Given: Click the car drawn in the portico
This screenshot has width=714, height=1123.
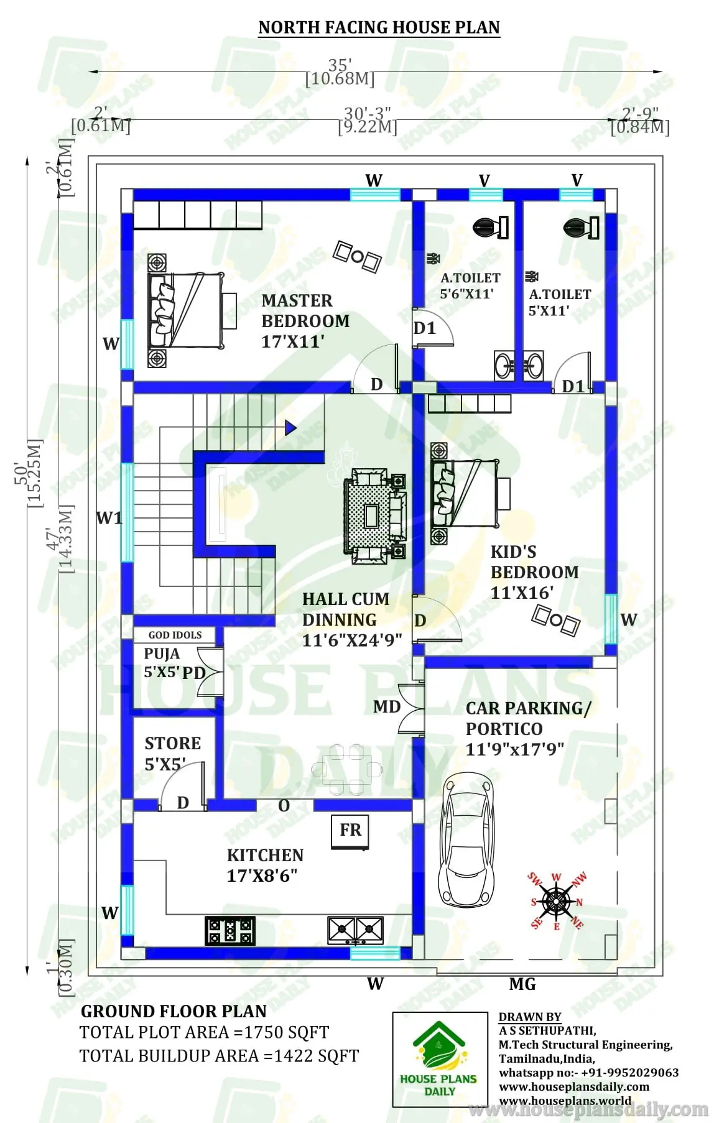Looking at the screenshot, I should pos(467,840).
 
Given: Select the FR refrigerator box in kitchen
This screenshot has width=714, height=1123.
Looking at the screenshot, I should pos(350,831).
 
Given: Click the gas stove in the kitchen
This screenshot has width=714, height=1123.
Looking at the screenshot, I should pos(229,930).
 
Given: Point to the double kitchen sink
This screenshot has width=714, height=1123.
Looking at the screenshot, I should pos(355,930).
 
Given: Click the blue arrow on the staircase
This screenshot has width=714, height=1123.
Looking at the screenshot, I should pos(290,428).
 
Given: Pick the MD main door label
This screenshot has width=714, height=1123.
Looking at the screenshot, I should pos(386,707).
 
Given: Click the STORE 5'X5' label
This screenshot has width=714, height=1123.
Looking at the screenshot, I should pos(172,753).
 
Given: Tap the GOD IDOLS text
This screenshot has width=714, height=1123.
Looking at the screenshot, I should pos(175,635).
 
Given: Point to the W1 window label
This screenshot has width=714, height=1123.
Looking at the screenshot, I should pos(109,518).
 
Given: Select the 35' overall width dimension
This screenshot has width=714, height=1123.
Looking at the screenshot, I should pos(340,65).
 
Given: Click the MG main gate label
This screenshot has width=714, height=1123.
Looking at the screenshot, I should pos(522,984).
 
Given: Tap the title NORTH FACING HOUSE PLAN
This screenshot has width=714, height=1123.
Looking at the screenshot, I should pos(379,27).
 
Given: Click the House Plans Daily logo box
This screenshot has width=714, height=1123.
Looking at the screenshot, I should pos(440,1059).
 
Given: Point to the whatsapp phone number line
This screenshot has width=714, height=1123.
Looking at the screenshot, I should pos(588,1073).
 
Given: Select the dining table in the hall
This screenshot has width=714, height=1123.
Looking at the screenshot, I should pos(347,769).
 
